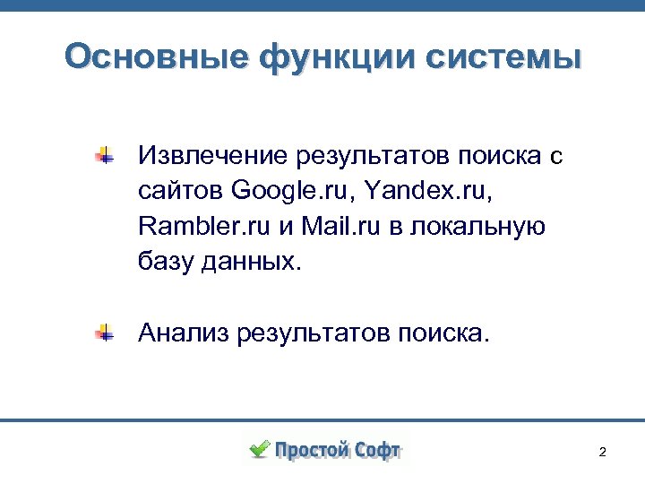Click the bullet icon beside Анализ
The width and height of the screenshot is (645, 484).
click(105, 333)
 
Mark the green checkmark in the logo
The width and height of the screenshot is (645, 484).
click(259, 448)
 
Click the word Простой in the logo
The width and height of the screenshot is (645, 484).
click(313, 450)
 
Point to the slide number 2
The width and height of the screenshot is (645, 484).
click(602, 452)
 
